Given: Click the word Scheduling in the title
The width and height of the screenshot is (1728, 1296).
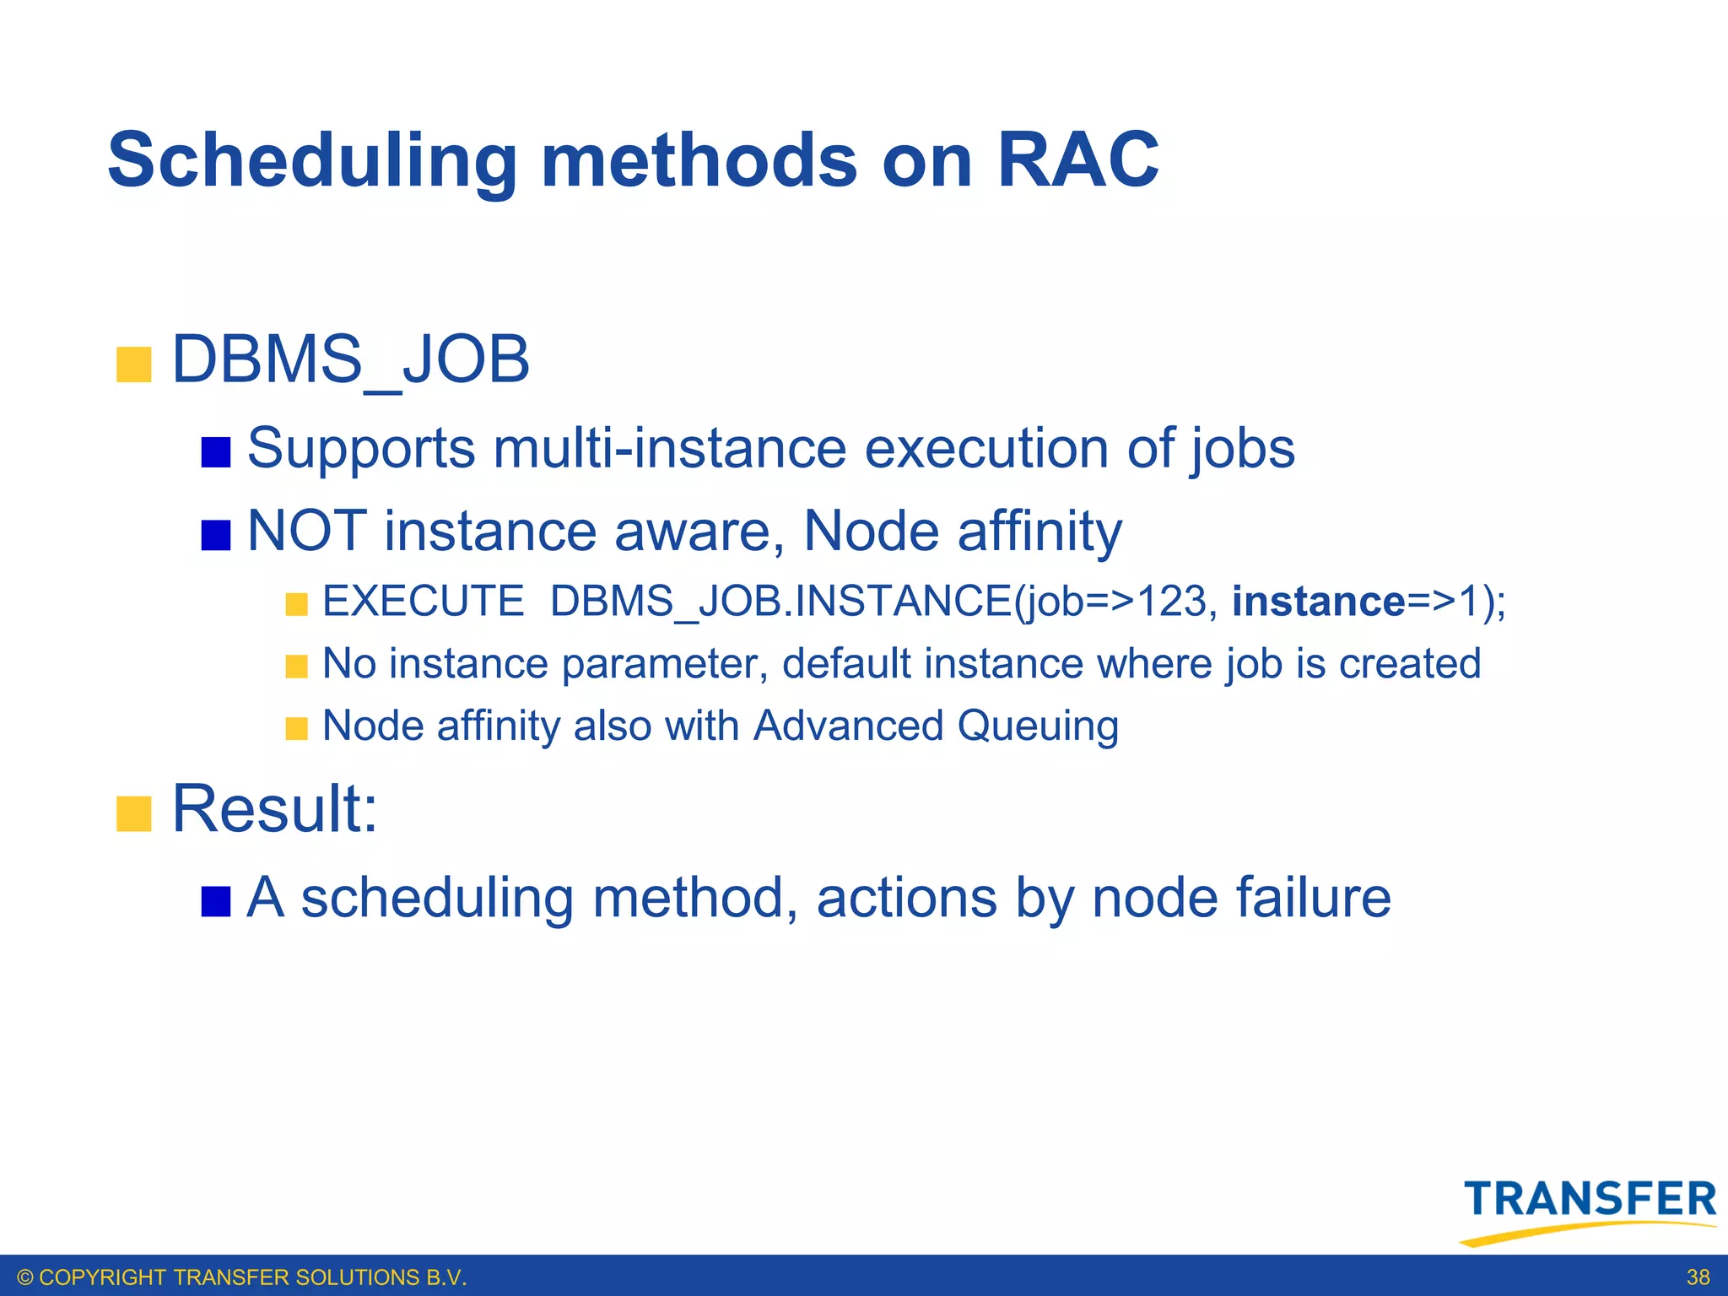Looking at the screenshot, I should point(312,162).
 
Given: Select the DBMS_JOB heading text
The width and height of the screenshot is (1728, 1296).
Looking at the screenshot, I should point(350,360).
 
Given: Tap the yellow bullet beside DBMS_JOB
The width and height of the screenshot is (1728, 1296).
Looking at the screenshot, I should point(133,364).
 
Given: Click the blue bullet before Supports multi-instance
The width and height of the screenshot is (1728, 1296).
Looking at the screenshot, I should point(216,452).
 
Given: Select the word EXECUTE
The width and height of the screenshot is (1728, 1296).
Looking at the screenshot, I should point(424,602).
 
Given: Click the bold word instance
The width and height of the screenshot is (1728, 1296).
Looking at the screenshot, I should point(1318,602).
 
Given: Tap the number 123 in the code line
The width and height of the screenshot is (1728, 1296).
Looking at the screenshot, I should point(1172,602).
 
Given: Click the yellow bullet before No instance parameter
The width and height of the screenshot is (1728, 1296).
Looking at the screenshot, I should point(296,667).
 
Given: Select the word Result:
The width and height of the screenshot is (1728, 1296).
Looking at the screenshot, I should point(274,809).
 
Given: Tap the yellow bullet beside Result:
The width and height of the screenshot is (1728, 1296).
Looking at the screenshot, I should point(133,814).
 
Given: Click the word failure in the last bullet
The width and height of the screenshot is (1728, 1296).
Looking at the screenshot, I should point(1313,897).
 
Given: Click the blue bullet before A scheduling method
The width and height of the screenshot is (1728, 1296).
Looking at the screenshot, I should point(216,901).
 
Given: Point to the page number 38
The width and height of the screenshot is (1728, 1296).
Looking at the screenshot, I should point(1698,1277).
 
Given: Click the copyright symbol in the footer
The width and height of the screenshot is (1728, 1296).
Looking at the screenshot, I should point(25,1277).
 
